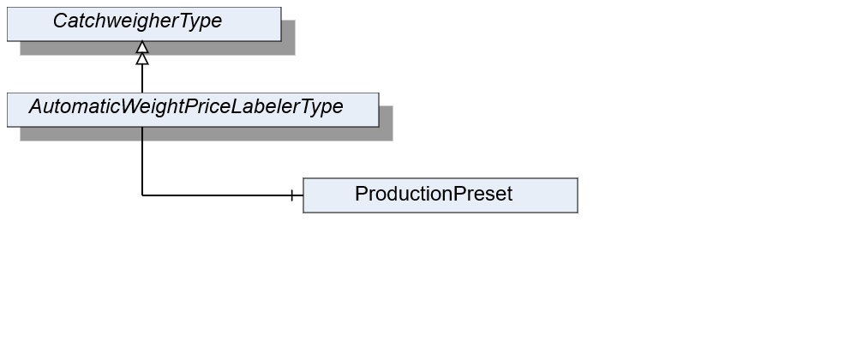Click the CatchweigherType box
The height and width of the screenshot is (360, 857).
point(144,24)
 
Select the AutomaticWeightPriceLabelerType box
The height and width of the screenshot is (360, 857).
point(193,110)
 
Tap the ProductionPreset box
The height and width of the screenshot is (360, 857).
point(440,195)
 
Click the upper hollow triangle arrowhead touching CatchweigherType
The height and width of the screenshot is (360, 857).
point(142,47)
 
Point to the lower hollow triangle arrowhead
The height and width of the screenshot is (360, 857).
point(142,58)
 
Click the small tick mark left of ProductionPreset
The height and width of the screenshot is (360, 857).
point(292,195)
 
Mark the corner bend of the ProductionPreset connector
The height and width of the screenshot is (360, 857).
point(142,195)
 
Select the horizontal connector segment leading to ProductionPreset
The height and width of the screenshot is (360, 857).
point(223,195)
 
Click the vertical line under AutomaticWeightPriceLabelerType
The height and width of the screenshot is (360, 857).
point(142,161)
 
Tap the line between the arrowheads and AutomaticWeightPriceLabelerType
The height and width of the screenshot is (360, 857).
point(142,79)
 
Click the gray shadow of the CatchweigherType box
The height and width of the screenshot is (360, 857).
point(159,48)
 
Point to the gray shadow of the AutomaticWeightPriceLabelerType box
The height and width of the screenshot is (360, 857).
point(207,134)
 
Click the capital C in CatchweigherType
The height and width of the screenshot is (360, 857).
point(60,21)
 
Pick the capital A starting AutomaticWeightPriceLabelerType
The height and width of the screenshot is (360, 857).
point(36,106)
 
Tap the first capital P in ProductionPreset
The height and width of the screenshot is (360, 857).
point(361,194)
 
